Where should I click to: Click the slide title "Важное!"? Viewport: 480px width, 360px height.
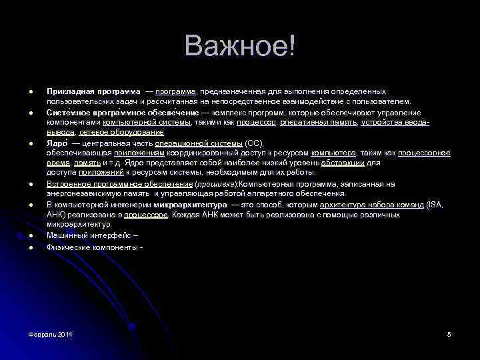pyautogui.click(x=240, y=47)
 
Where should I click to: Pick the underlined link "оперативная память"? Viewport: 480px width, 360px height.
pyautogui.click(x=319, y=123)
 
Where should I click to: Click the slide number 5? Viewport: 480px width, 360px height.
pyautogui.click(x=449, y=333)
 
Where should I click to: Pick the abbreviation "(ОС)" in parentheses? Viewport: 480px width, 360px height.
pyautogui.click(x=255, y=143)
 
